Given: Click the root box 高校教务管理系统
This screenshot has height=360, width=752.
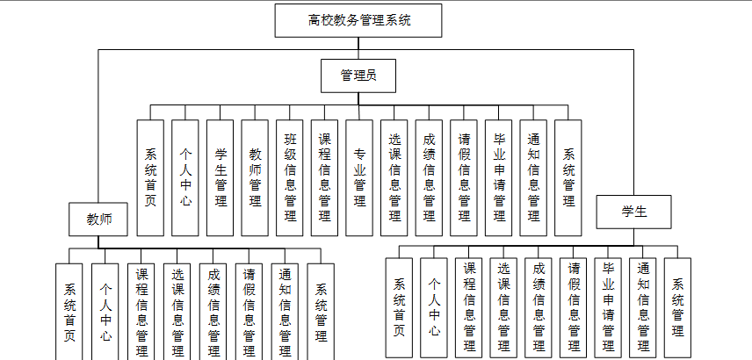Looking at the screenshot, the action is tap(358, 19).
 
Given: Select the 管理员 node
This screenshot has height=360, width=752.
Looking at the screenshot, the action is tap(358, 76).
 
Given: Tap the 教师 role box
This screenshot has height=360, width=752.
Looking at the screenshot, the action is tap(99, 219).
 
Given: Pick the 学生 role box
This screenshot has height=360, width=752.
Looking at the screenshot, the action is tap(633, 211).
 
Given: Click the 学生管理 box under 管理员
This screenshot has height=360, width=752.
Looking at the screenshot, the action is tap(220, 176).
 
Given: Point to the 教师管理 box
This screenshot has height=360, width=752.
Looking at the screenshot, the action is tap(255, 176).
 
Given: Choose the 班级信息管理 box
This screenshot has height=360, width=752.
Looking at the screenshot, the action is tap(290, 176).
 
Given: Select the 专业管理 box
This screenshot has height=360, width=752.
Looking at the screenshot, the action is tap(359, 176).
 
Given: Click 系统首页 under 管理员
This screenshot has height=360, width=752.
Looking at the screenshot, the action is tap(150, 176).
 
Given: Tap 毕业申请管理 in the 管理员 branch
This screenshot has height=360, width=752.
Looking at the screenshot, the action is tap(498, 176).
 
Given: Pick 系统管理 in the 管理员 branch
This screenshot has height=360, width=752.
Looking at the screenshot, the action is tap(568, 176).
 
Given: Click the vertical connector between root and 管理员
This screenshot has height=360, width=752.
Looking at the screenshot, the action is tap(358, 48).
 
